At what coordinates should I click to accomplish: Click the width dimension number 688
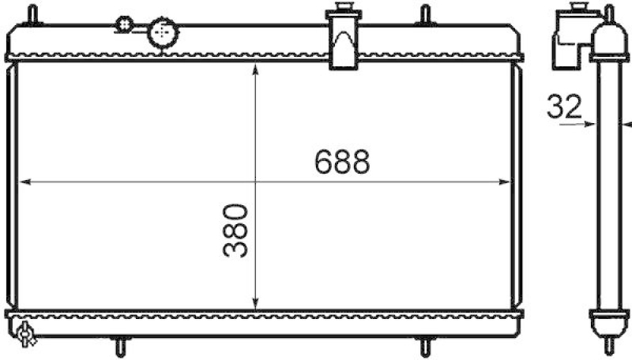[x=342, y=162]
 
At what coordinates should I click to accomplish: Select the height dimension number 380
[x=235, y=231]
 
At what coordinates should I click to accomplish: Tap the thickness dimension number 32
[x=564, y=107]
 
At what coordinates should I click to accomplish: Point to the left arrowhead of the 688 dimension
[x=25, y=182]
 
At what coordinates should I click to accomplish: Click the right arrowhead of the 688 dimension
[x=505, y=182]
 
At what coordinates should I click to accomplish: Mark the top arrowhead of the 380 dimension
[x=255, y=69]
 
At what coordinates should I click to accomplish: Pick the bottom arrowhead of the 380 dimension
[x=255, y=305]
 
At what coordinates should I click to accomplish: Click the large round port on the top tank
[x=163, y=32]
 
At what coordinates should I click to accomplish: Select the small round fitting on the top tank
[x=125, y=24]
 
